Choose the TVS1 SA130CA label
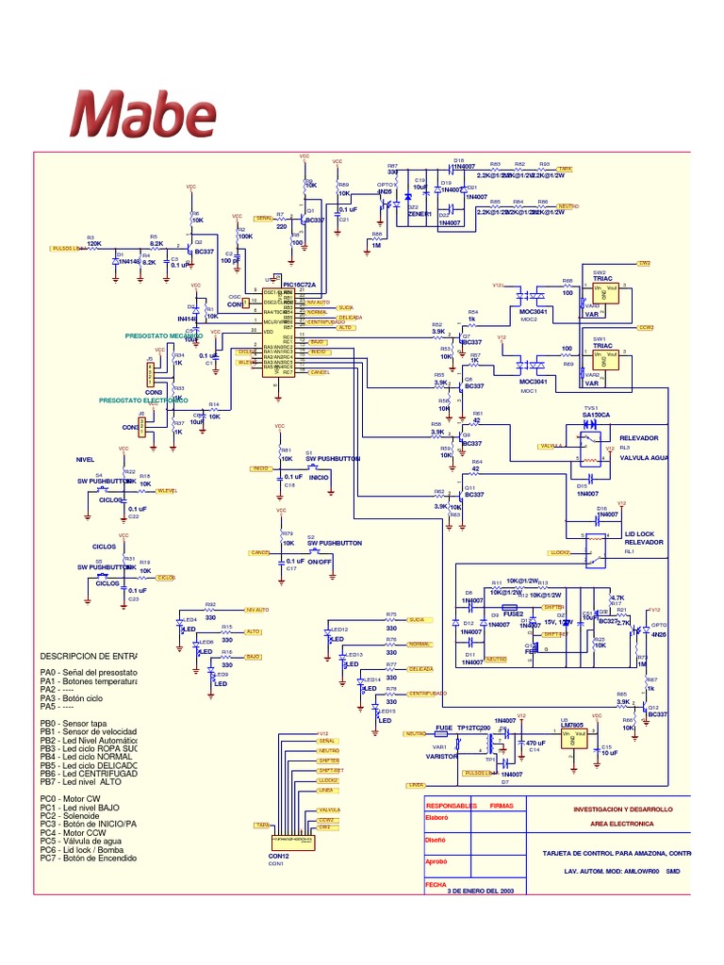(x=597, y=414)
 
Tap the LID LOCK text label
(x=638, y=534)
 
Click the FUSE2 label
(x=513, y=613)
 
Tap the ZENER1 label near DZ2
(x=419, y=214)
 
